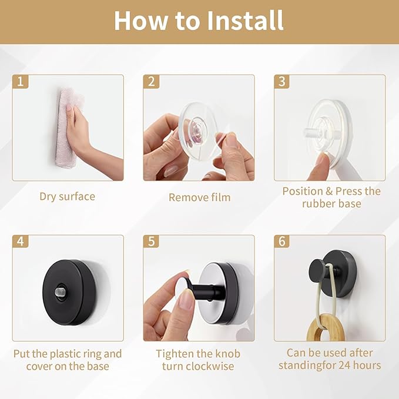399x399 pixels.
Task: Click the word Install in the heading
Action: [x=245, y=21]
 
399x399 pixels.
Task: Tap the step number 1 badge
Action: [x=21, y=82]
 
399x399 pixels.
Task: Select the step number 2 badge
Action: [x=151, y=82]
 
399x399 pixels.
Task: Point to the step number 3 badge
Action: [x=282, y=82]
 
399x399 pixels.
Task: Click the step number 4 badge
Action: [x=21, y=242]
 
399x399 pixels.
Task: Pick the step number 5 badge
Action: [x=151, y=242]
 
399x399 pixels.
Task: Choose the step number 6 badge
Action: [x=282, y=242]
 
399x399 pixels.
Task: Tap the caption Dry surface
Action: [x=68, y=197]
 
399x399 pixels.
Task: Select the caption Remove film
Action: [x=200, y=197]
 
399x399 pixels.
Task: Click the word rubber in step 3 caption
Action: [x=318, y=204]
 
